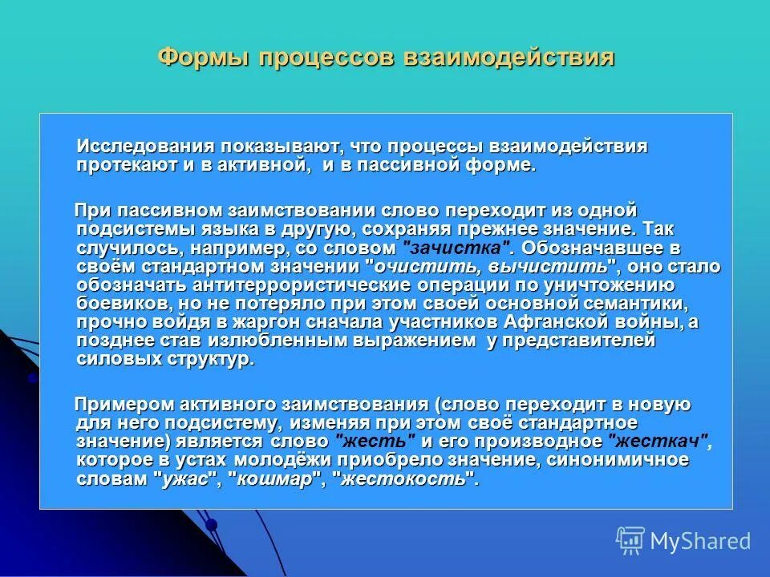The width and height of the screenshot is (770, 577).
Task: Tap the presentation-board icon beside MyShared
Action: [630, 541]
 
